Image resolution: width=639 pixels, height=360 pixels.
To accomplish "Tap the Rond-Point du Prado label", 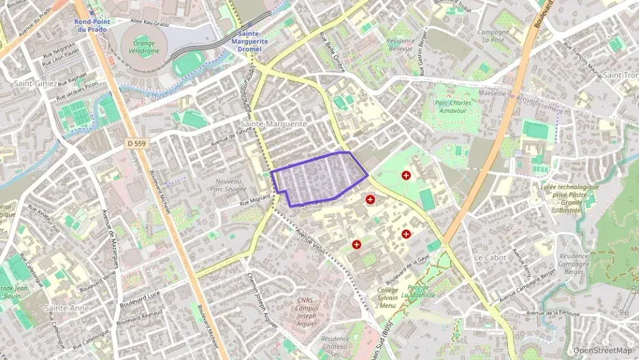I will [91, 25].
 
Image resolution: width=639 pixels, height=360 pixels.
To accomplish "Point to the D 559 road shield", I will [137, 143].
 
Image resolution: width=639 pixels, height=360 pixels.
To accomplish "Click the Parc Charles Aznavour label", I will [457, 107].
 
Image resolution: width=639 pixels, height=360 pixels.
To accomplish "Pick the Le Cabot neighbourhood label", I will [490, 258].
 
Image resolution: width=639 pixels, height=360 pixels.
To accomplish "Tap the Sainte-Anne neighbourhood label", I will [66, 308].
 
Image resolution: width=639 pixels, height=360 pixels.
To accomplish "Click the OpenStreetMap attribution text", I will [603, 350].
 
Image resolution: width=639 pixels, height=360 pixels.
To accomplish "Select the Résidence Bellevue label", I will [400, 45].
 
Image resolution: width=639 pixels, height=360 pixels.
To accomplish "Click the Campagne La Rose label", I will [493, 36].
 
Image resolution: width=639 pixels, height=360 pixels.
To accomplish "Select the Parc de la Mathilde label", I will [414, 292].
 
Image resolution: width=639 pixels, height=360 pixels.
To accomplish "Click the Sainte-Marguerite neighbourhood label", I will [274, 124].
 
